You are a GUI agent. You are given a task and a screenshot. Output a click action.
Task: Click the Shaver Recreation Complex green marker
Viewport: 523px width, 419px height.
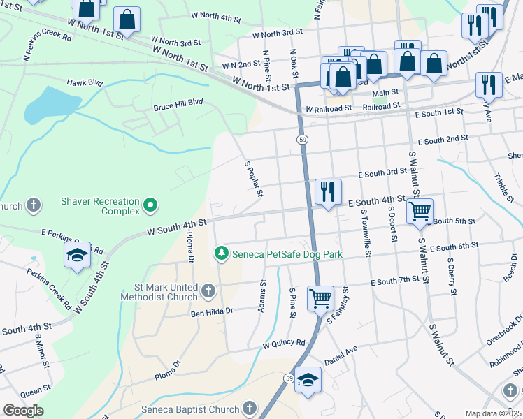point(150,205)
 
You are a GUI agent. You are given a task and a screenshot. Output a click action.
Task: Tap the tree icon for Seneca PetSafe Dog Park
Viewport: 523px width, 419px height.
point(222,252)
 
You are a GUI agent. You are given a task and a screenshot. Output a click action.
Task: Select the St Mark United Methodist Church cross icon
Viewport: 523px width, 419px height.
point(208,290)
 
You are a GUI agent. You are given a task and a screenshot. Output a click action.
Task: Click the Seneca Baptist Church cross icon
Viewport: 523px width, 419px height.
point(250,409)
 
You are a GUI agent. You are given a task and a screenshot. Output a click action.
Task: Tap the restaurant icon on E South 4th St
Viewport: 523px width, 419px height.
point(328,190)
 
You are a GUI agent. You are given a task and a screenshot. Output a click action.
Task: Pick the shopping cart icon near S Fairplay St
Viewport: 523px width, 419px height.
point(320,297)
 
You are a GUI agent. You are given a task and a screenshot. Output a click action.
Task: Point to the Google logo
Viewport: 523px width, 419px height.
point(23,411)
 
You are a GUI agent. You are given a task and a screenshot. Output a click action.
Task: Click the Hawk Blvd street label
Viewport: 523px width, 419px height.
point(85,82)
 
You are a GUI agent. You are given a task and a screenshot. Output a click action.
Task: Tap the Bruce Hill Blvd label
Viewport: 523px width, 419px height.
point(178,105)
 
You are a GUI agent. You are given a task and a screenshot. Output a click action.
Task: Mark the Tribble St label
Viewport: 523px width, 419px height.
point(503,188)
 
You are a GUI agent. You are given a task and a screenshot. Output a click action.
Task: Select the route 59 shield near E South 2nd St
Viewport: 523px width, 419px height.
point(302,140)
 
